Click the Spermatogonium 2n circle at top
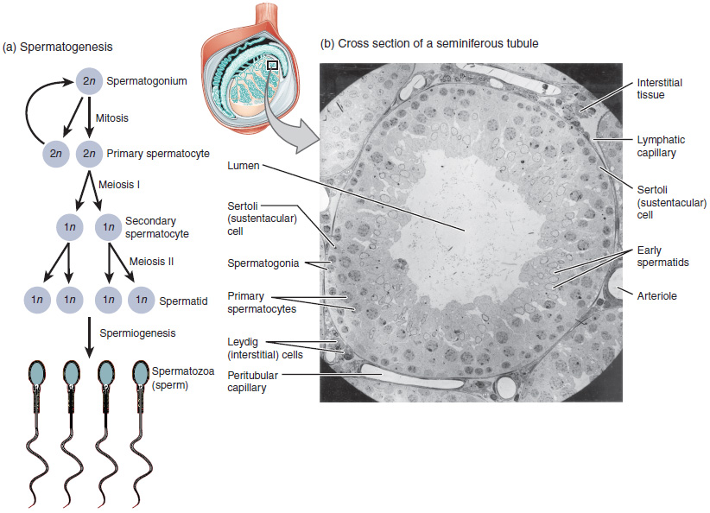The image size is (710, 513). click(91, 81)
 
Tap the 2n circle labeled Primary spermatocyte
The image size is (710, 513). click(91, 153)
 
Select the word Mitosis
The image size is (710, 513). click(112, 117)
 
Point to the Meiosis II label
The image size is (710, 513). click(152, 261)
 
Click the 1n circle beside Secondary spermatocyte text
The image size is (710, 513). click(107, 227)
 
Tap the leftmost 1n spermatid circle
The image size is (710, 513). click(36, 300)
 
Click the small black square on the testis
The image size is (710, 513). click(272, 64)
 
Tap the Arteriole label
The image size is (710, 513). click(657, 295)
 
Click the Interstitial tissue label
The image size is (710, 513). click(659, 88)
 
